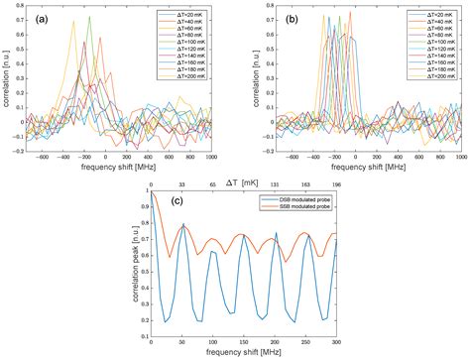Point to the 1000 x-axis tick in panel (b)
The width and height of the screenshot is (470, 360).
457,159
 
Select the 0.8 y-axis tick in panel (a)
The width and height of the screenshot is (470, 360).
20,10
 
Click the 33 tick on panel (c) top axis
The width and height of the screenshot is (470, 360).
181,184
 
